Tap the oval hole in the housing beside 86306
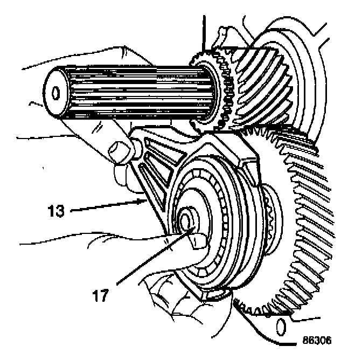tap(279, 326)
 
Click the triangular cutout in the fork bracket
tap(156, 170)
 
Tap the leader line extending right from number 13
tap(108, 205)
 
